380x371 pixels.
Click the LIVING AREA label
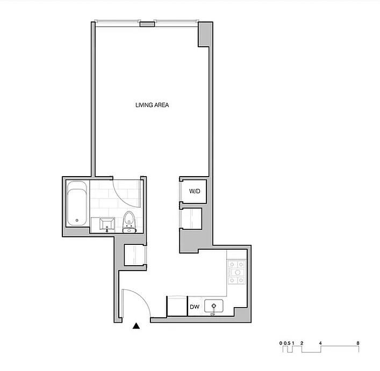[152, 105]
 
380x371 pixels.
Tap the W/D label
[195, 191]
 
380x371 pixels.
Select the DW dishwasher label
[195, 307]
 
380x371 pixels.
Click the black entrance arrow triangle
[137, 326]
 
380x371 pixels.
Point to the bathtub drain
[77, 220]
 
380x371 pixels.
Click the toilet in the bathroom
[129, 222]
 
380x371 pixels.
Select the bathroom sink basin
[107, 224]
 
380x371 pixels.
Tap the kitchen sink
[213, 306]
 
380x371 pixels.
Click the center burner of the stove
[238, 272]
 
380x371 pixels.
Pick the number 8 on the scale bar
[358, 343]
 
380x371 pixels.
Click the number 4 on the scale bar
[320, 343]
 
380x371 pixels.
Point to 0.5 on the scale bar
[287, 343]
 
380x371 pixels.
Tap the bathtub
[77, 203]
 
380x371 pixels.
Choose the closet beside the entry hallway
[134, 255]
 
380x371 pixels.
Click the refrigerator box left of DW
[177, 306]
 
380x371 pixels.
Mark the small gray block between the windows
[147, 24]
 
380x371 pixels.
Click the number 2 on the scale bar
[302, 343]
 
